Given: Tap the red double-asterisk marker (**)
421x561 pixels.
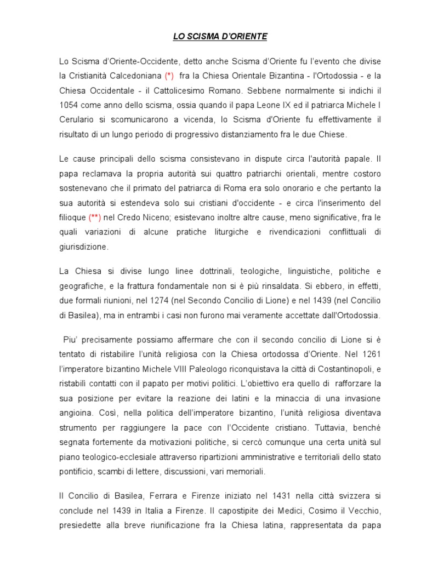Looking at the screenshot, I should [96, 217].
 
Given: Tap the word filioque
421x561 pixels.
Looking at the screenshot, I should [72, 217].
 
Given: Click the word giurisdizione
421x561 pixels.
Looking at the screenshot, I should [84, 247].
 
